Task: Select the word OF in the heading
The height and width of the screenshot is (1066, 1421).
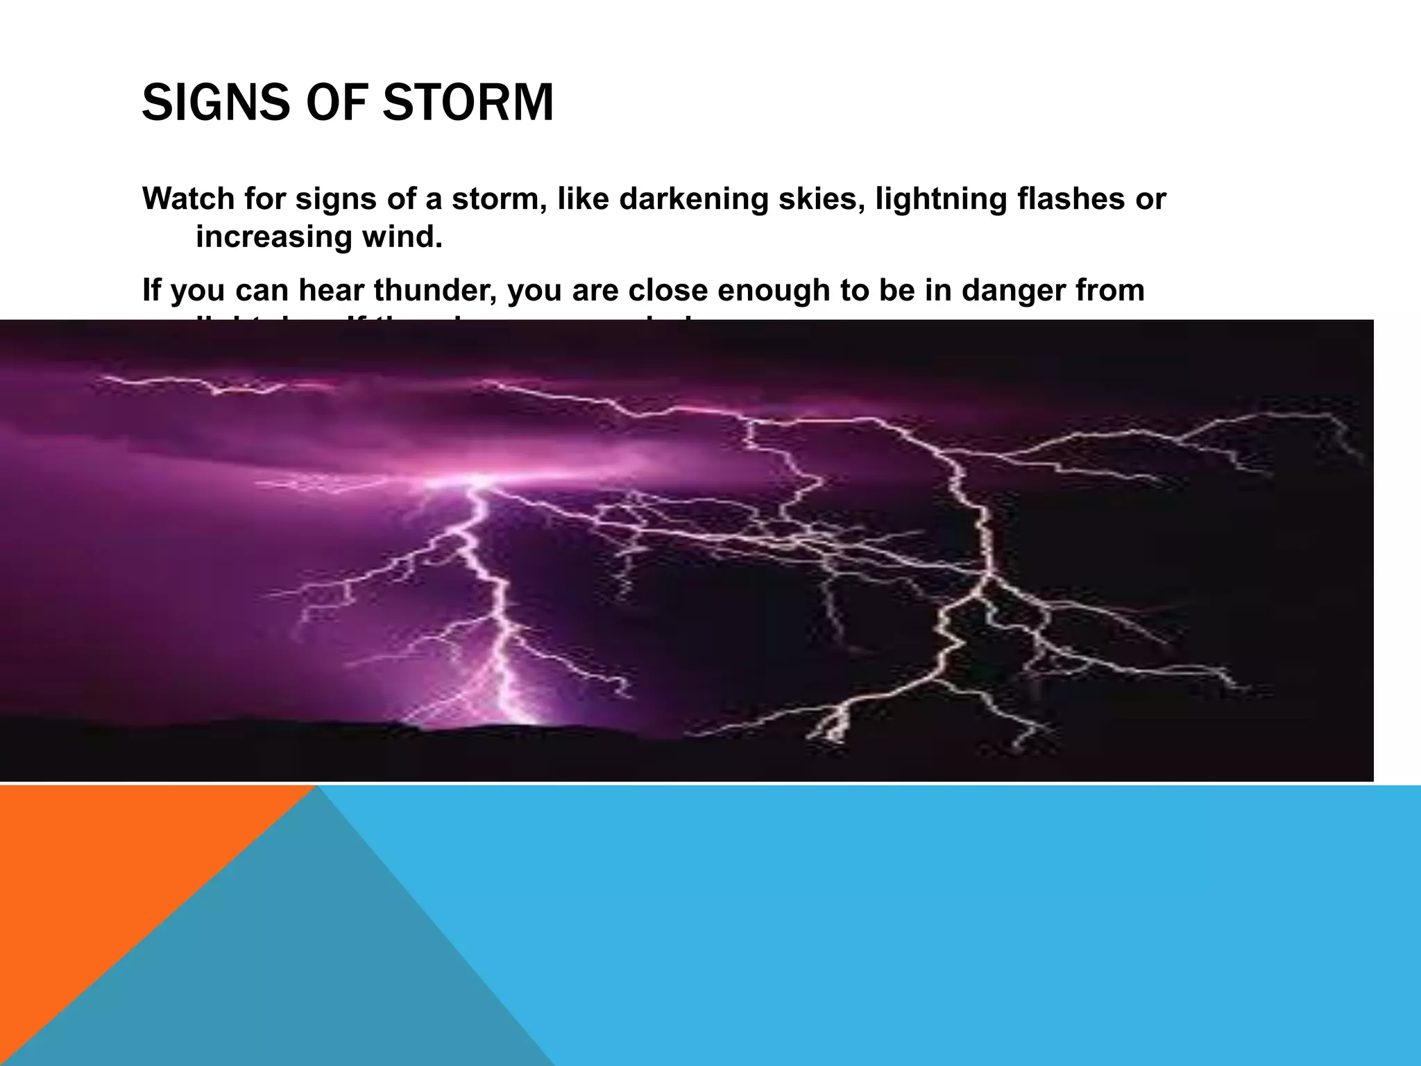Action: pos(338,103)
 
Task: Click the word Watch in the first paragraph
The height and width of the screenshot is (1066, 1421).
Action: pos(188,199)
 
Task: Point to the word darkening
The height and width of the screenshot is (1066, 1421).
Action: pos(693,199)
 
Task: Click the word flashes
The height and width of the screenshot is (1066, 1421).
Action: pos(1071,199)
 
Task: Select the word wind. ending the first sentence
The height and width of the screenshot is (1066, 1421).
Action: pos(402,238)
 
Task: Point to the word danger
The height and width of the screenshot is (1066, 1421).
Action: pos(1012,291)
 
